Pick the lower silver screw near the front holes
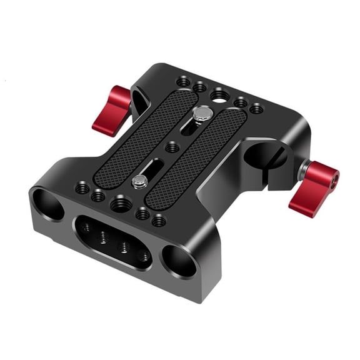point(141,181)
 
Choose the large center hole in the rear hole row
point(219,96)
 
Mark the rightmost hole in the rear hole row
point(256,109)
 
